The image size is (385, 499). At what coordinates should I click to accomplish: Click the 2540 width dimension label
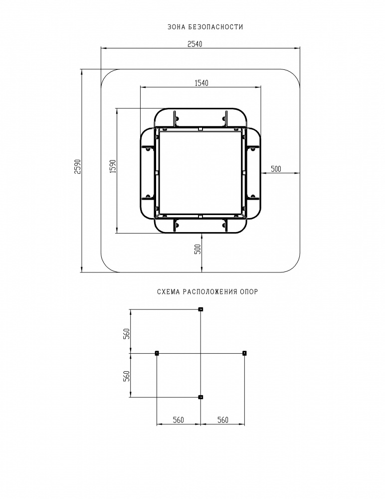194,44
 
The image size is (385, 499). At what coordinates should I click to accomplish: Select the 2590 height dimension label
78,167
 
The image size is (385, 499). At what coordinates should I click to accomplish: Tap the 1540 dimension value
201,83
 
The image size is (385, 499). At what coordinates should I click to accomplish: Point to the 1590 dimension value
113,167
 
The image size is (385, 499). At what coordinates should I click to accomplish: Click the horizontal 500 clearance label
276,169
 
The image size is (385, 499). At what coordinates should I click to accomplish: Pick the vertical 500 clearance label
197,249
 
